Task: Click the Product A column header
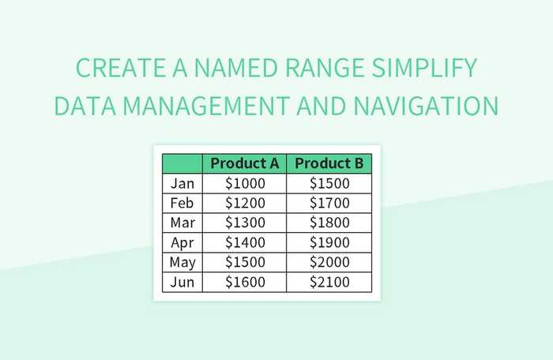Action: (x=245, y=163)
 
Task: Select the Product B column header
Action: (x=329, y=163)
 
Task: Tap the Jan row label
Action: (x=182, y=183)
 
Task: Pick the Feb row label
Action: (x=182, y=203)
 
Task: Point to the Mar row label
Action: (x=182, y=223)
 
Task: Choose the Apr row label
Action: (x=182, y=242)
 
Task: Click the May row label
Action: (x=182, y=262)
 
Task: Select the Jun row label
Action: (x=182, y=282)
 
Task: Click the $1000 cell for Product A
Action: (x=245, y=183)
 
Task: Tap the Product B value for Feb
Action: (x=329, y=203)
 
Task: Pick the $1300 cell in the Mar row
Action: (x=245, y=223)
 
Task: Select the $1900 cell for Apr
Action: (x=329, y=242)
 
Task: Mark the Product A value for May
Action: (x=245, y=262)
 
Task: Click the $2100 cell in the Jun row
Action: (x=329, y=282)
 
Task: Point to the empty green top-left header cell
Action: (x=182, y=163)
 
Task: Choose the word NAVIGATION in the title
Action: (x=427, y=106)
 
